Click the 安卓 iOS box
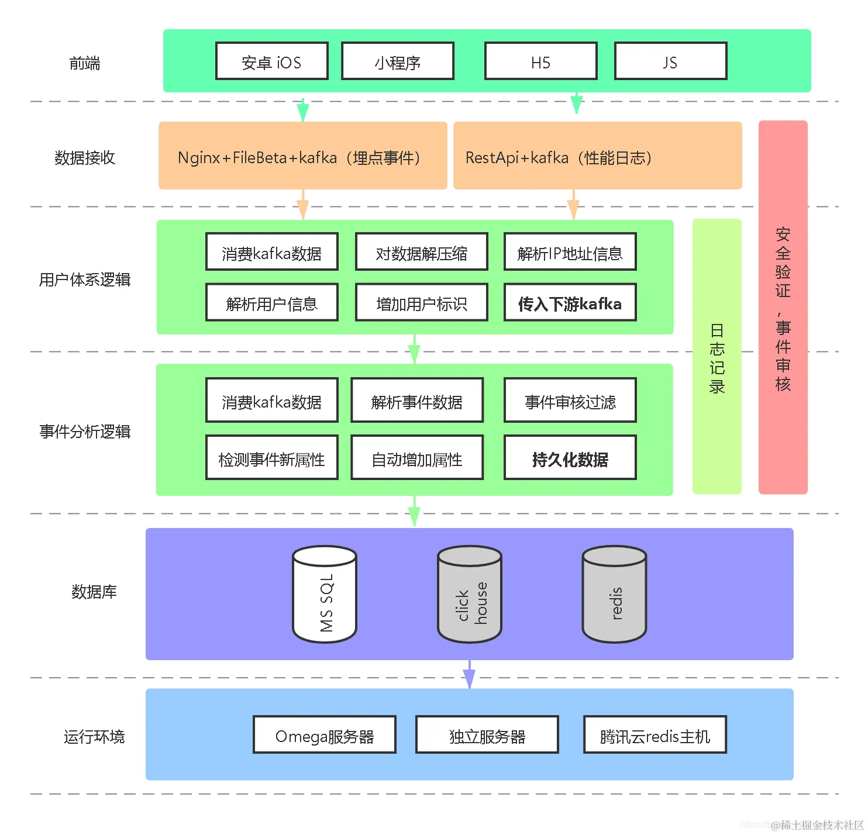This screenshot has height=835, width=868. (x=271, y=61)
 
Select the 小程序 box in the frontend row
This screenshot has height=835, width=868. (x=397, y=61)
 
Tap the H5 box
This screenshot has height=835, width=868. (x=540, y=61)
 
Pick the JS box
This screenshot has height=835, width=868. (x=670, y=61)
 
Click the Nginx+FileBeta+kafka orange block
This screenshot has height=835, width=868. (x=303, y=156)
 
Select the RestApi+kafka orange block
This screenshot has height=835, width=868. (x=597, y=156)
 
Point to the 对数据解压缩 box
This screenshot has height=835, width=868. (x=422, y=251)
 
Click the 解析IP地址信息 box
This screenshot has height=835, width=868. (x=570, y=251)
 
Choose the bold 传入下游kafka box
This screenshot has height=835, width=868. (x=570, y=302)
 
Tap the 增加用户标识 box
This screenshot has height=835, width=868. (x=422, y=302)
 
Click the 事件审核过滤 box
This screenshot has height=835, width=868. (x=570, y=401)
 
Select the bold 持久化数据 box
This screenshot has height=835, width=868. (x=570, y=457)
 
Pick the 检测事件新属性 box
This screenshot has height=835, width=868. (x=271, y=457)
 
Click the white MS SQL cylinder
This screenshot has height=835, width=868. (x=324, y=594)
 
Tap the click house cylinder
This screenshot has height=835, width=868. (x=469, y=594)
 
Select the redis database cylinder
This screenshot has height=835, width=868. (x=614, y=594)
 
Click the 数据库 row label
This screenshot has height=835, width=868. (x=94, y=592)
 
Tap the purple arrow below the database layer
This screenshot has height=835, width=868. (x=469, y=674)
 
